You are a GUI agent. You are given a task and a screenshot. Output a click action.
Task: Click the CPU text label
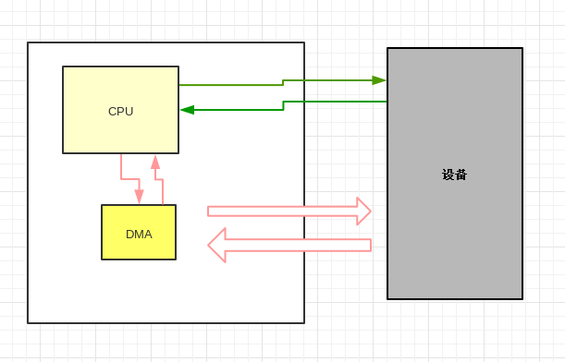(x=120, y=112)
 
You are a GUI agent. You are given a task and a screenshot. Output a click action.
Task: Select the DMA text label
(x=139, y=235)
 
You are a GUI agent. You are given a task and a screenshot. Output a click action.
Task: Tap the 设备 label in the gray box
(x=454, y=175)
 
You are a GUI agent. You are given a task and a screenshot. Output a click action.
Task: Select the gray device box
(x=454, y=231)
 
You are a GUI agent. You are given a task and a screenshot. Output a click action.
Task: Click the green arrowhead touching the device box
(x=379, y=80)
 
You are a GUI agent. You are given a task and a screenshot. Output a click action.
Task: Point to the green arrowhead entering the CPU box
(x=187, y=110)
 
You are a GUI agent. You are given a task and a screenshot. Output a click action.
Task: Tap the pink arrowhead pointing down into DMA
(x=139, y=198)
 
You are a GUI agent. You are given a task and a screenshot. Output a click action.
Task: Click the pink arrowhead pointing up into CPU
(x=155, y=161)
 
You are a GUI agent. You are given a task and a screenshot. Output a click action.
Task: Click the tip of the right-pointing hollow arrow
(x=369, y=211)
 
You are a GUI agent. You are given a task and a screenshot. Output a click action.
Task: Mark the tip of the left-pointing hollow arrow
(x=210, y=246)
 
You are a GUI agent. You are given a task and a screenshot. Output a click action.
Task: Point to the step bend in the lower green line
(x=283, y=105)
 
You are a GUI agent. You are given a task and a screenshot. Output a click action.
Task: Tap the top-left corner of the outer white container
(x=28, y=42)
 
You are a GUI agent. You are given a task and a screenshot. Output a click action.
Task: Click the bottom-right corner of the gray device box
(x=522, y=299)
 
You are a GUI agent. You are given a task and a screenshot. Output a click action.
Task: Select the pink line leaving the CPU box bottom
(x=121, y=167)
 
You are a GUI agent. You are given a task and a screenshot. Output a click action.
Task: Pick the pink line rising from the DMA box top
(x=163, y=192)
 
